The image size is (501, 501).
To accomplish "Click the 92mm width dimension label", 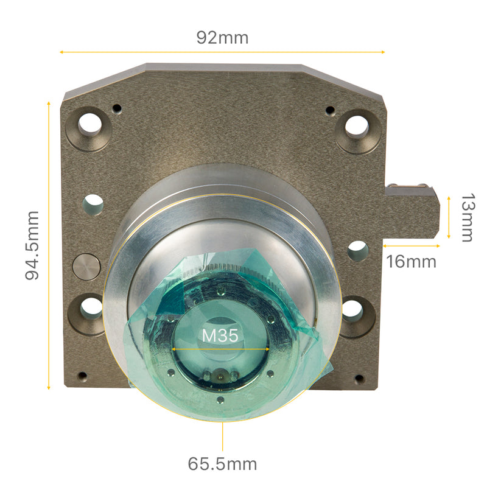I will coord(222,38).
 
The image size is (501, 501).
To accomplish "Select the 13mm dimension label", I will coord(467,218).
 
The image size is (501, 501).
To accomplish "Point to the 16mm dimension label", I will coord(412,262).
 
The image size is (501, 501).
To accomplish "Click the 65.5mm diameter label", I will coord(222,464).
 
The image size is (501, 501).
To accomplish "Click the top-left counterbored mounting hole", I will coord(89,124).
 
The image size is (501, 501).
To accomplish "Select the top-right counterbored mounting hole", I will coord(357,127).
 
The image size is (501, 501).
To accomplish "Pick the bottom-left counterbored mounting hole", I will coord(90,309).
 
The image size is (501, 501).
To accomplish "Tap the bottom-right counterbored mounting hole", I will coord(352,311).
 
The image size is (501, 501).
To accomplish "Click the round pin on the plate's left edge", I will coord(86,267).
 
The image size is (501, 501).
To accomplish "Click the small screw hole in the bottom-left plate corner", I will coord(82,376).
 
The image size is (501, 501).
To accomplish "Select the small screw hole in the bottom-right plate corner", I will coord(359,379).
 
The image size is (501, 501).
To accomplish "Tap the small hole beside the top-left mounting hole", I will coord(117,109).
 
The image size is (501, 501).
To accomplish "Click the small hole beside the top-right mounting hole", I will coord(330,111).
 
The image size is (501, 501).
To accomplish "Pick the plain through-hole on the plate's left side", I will coord(93,204).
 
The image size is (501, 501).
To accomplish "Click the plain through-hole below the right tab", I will coord(357,250).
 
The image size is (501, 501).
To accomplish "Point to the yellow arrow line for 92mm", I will coord(222,52).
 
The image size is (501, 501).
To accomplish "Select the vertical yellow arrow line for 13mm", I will coord(449,217).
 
